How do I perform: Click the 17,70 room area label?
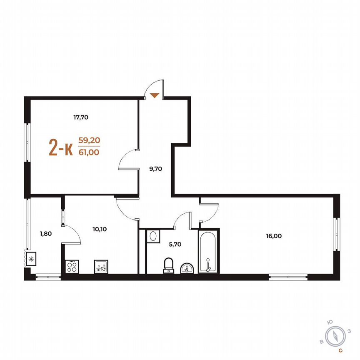[81, 117]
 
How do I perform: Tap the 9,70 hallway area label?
[155, 169]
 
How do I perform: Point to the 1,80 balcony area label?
[45, 234]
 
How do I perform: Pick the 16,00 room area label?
[274, 236]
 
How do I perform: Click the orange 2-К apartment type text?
[61, 147]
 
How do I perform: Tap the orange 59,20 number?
[89, 140]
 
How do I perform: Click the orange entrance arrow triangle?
[155, 95]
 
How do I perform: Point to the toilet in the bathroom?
[169, 265]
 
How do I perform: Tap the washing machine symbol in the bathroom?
[152, 236]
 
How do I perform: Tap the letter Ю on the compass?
[330, 321]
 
